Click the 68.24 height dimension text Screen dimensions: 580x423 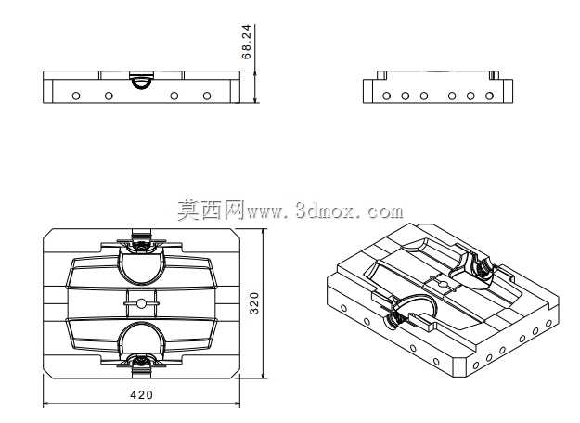coord(246,42)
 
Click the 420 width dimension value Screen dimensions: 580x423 coord(141,395)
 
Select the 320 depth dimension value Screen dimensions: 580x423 coord(254,303)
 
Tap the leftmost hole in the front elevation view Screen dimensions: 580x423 coord(76,96)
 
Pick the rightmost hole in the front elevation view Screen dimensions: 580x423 coord(207,96)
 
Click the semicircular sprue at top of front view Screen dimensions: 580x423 coord(141,83)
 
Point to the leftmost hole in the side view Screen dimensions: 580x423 coord(387,96)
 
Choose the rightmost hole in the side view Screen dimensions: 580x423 coord(489,96)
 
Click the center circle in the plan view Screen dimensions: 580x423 coord(141,303)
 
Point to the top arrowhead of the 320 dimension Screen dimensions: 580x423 coord(264,232)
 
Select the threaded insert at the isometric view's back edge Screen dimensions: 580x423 coord(482,266)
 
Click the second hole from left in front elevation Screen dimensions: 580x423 coord(109,96)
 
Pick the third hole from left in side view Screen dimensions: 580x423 coord(424,96)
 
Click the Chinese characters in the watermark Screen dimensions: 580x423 coord(211,211)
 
